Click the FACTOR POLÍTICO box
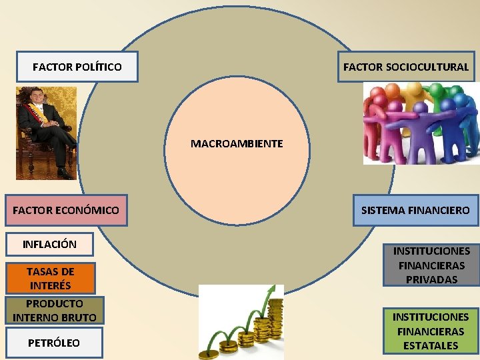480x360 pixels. click(x=77, y=67)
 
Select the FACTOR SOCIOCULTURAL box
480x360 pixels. click(x=405, y=67)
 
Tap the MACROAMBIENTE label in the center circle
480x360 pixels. click(x=237, y=143)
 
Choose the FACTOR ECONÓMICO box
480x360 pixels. click(x=65, y=211)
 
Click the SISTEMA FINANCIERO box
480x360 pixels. click(x=415, y=210)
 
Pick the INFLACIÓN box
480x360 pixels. click(x=49, y=244)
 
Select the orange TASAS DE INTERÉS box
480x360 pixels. click(x=50, y=278)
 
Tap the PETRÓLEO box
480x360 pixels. click(x=53, y=343)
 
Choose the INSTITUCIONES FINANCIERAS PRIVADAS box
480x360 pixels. click(x=431, y=265)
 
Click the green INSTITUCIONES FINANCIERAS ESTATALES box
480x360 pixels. click(x=431, y=331)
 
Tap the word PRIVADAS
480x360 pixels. click(x=431, y=279)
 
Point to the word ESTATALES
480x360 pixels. click(x=431, y=345)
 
